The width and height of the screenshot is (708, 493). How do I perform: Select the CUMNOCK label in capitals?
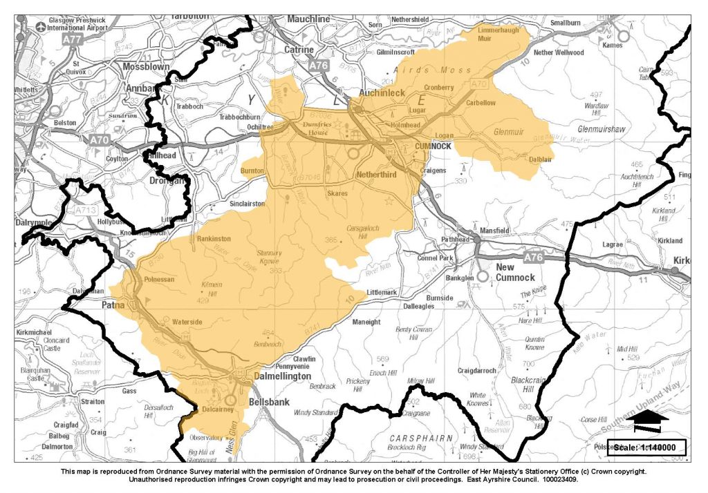pyautogui.click(x=433, y=147)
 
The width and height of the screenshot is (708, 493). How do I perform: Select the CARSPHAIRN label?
pyautogui.click(x=420, y=438)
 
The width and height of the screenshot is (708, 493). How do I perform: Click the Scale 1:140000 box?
pyautogui.click(x=646, y=447)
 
